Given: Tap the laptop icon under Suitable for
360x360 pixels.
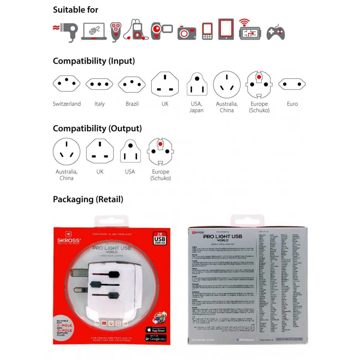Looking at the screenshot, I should tap(94, 31).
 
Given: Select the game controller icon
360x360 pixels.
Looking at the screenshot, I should tap(275, 32).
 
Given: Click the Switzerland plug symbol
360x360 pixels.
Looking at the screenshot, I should tap(67, 84).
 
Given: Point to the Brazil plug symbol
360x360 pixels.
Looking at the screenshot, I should tap(132, 84).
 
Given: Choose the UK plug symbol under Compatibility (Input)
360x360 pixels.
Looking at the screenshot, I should tap(165, 84).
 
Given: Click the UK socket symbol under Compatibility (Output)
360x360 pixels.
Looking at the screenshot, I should tap(100, 152).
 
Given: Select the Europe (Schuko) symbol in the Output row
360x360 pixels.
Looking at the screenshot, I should tap(160, 152).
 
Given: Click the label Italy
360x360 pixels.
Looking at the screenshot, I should tap(99, 104).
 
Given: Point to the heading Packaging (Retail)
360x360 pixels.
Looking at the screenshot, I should tap(88, 199).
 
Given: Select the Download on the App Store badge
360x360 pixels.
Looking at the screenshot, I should tap(156, 330).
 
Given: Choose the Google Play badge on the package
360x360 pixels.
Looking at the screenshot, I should tap(156, 338).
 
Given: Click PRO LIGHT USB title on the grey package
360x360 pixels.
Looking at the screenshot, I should tap(222, 237).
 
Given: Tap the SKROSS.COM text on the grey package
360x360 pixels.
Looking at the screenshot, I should tap(203, 339).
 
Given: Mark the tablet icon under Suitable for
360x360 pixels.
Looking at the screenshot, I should tap(226, 29).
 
